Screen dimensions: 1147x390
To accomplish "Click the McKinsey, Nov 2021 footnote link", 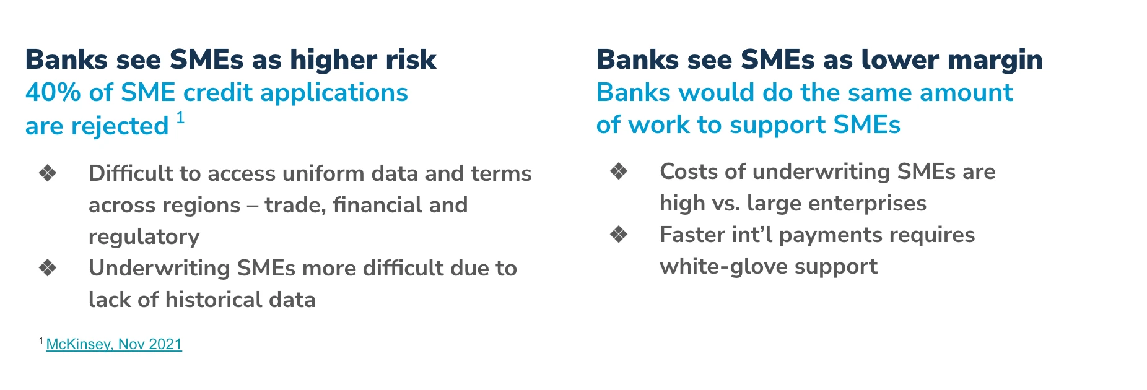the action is (114, 344).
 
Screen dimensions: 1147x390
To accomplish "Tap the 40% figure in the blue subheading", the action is (53, 93).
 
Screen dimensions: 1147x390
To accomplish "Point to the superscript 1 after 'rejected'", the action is (180, 118).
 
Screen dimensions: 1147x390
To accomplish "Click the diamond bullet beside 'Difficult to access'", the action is (48, 173).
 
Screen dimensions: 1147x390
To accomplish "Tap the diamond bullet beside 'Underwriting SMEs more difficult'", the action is (48, 267).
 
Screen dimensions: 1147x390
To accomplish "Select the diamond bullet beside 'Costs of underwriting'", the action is (619, 171).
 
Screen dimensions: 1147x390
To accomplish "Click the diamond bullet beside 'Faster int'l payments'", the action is (619, 234).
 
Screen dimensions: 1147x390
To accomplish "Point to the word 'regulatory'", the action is (144, 237).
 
